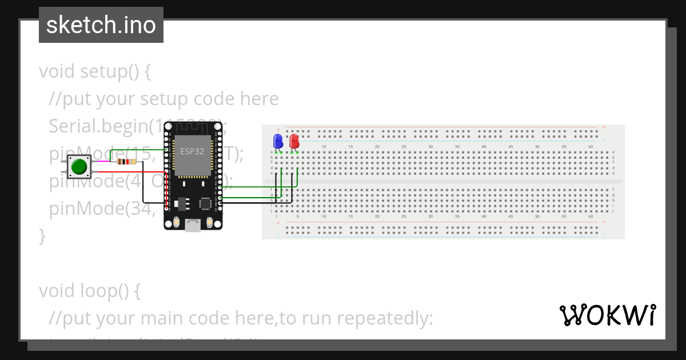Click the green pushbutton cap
78,167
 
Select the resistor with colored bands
126,162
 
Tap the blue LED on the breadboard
278,141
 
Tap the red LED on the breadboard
294,141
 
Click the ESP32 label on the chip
192,152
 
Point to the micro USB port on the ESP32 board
193,226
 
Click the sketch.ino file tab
101,25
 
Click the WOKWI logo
607,315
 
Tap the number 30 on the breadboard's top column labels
430,147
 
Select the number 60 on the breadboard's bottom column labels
591,217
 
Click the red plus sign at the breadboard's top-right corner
603,127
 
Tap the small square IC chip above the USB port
205,204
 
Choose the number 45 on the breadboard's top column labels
510,147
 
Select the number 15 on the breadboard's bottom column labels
350,217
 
